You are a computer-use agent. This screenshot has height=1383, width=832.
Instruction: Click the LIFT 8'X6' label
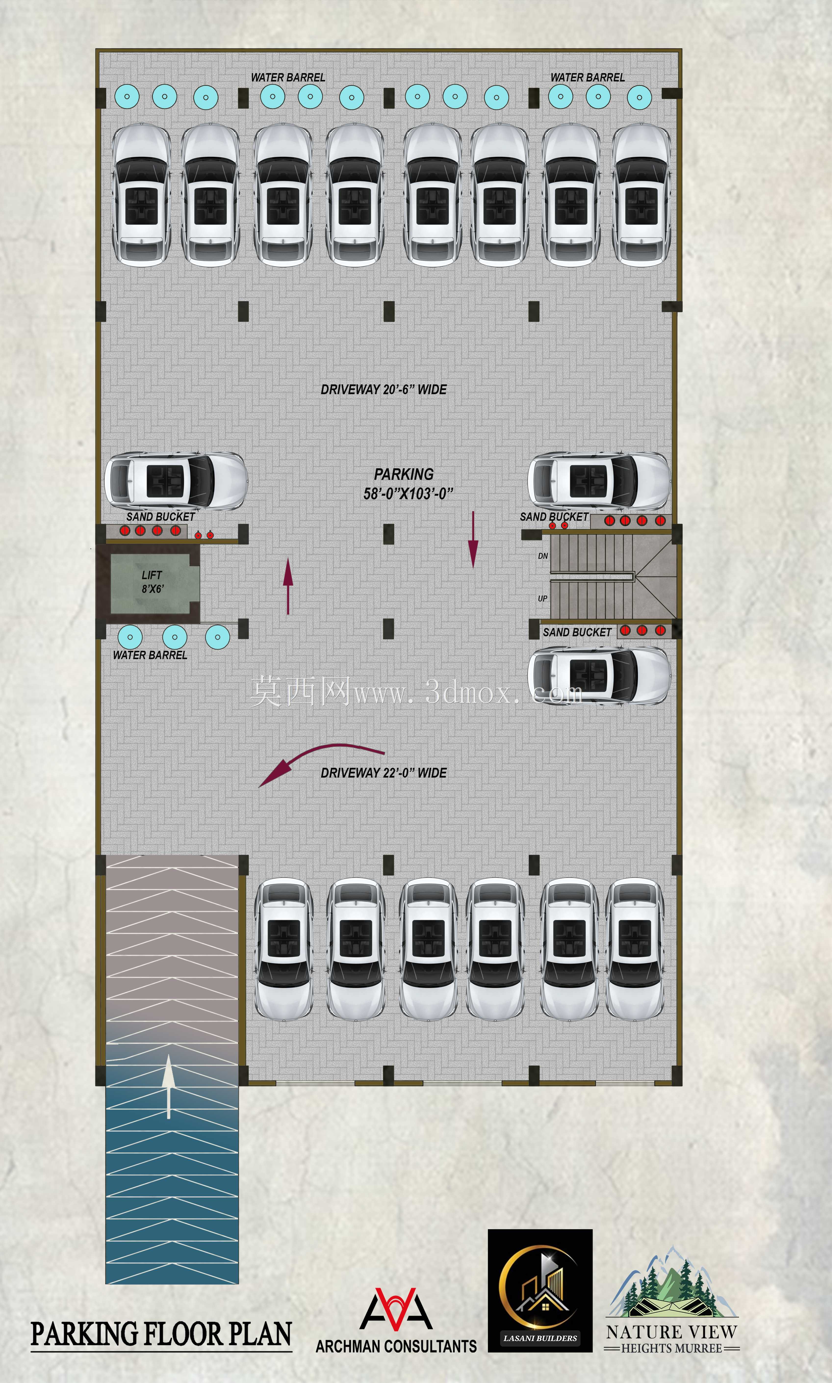pyautogui.click(x=152, y=582)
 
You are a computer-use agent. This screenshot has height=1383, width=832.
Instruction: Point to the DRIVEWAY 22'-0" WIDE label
pyautogui.click(x=384, y=773)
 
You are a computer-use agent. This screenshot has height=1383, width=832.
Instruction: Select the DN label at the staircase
pyautogui.click(x=543, y=556)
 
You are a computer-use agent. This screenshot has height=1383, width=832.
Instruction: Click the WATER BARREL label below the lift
pyautogui.click(x=150, y=655)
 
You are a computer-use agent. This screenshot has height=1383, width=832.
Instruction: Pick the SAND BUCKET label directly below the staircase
pyautogui.click(x=577, y=632)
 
